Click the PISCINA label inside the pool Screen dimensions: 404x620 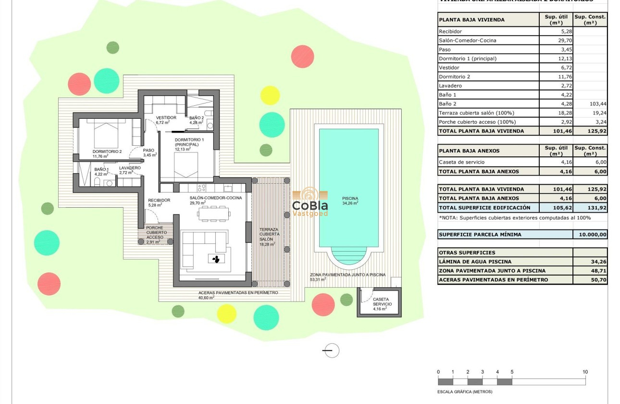[350, 198]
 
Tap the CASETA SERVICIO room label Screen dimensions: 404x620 [383, 302]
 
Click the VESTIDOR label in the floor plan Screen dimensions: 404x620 [166, 117]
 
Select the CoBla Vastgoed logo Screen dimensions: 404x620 [310, 202]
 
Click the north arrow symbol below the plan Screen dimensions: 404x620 [331, 351]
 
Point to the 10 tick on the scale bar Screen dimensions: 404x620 [585, 372]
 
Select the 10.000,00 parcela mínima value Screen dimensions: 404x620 [590, 235]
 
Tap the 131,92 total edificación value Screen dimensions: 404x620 [590, 208]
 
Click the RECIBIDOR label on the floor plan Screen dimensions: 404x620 [159, 200]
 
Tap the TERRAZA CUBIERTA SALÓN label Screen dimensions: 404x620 [269, 234]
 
